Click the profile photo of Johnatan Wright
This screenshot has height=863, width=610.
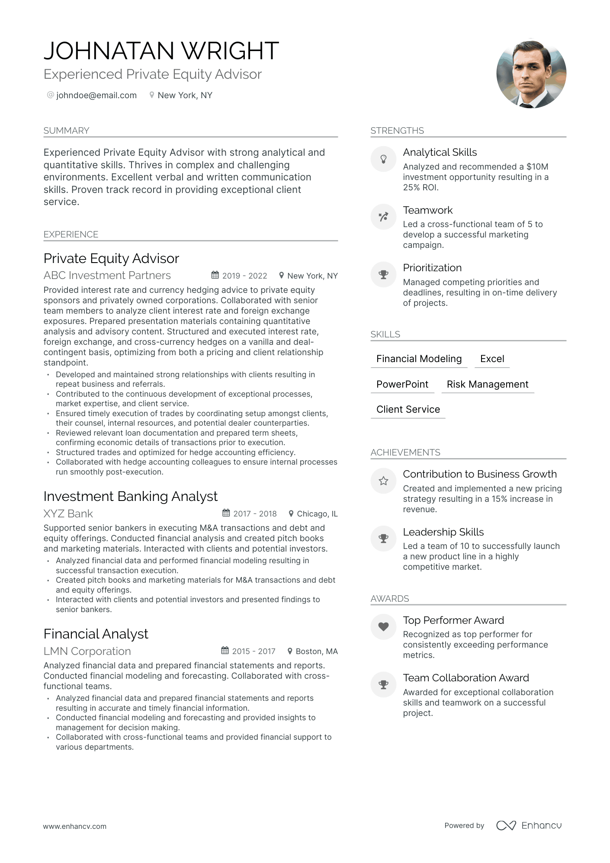531,74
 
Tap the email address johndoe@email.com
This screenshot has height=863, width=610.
96,95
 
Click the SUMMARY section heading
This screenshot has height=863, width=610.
66,131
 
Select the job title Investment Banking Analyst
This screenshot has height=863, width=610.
130,496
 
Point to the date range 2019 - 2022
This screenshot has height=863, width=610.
244,276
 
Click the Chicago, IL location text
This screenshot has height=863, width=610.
317,514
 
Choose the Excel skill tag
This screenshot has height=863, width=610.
492,359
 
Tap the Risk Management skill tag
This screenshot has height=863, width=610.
487,384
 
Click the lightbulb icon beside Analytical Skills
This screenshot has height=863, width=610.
383,159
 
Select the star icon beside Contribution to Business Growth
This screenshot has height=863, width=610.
383,481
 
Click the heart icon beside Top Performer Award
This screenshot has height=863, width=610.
383,626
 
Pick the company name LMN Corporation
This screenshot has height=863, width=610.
87,651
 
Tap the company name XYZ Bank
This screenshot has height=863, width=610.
68,514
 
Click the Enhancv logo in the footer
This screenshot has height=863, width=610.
529,825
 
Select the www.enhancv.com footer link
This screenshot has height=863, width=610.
74,826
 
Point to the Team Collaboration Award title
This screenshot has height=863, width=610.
466,678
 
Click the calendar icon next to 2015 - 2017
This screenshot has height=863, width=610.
225,651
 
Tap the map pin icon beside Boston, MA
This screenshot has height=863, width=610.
290,651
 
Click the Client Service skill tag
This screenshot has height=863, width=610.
408,410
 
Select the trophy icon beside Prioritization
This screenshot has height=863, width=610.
383,275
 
